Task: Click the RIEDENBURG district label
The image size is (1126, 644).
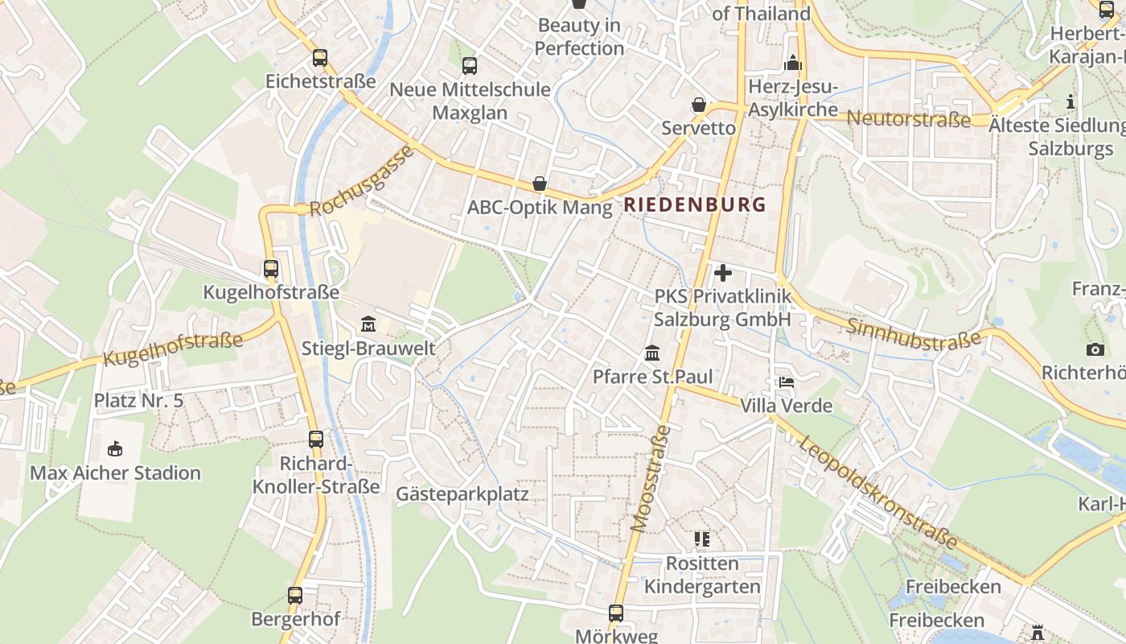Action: pyautogui.click(x=695, y=204)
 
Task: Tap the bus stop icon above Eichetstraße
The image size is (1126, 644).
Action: pyautogui.click(x=320, y=58)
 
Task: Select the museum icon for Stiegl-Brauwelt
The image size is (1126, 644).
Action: pyautogui.click(x=368, y=324)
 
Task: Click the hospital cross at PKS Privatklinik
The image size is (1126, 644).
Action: pyautogui.click(x=723, y=272)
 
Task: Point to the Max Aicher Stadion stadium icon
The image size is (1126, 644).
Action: pyautogui.click(x=115, y=448)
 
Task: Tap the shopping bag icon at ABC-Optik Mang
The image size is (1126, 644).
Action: pyautogui.click(x=540, y=184)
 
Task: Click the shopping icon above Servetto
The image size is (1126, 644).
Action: pyautogui.click(x=698, y=105)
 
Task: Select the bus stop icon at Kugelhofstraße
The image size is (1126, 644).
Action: pyautogui.click(x=271, y=269)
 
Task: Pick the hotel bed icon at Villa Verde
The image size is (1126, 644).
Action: pyautogui.click(x=786, y=382)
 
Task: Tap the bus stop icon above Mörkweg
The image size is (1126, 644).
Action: pyautogui.click(x=616, y=613)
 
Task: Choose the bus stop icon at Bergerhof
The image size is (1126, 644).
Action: pyautogui.click(x=295, y=596)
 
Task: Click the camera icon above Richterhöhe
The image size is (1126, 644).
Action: pyautogui.click(x=1095, y=349)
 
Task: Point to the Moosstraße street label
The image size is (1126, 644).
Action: pyautogui.click(x=651, y=479)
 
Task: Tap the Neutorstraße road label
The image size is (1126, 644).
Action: pyautogui.click(x=909, y=120)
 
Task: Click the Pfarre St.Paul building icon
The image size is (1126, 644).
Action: pyautogui.click(x=651, y=353)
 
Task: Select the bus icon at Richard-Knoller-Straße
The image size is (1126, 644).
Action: pyautogui.click(x=316, y=440)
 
